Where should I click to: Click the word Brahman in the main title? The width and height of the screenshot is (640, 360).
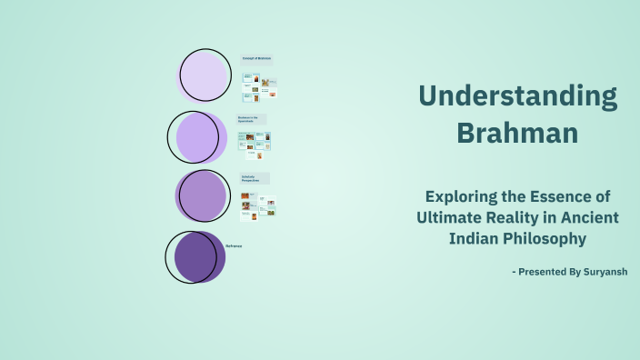pos(517,133)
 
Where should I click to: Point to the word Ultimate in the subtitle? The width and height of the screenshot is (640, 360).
pos(449,217)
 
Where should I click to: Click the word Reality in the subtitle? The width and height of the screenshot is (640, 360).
pos(518,217)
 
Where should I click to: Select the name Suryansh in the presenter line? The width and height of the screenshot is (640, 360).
pos(600,271)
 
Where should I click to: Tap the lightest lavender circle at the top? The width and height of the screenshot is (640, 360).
pos(205,75)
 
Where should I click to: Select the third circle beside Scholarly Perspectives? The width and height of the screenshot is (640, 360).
pos(202,195)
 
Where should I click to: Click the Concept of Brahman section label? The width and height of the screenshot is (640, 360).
pos(256,59)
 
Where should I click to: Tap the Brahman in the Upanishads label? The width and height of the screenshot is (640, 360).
pos(251,119)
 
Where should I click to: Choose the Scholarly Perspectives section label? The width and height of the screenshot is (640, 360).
pos(255,178)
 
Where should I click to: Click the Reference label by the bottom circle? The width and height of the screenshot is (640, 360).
pos(234,246)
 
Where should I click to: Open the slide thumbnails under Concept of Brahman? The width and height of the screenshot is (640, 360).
pos(260,87)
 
